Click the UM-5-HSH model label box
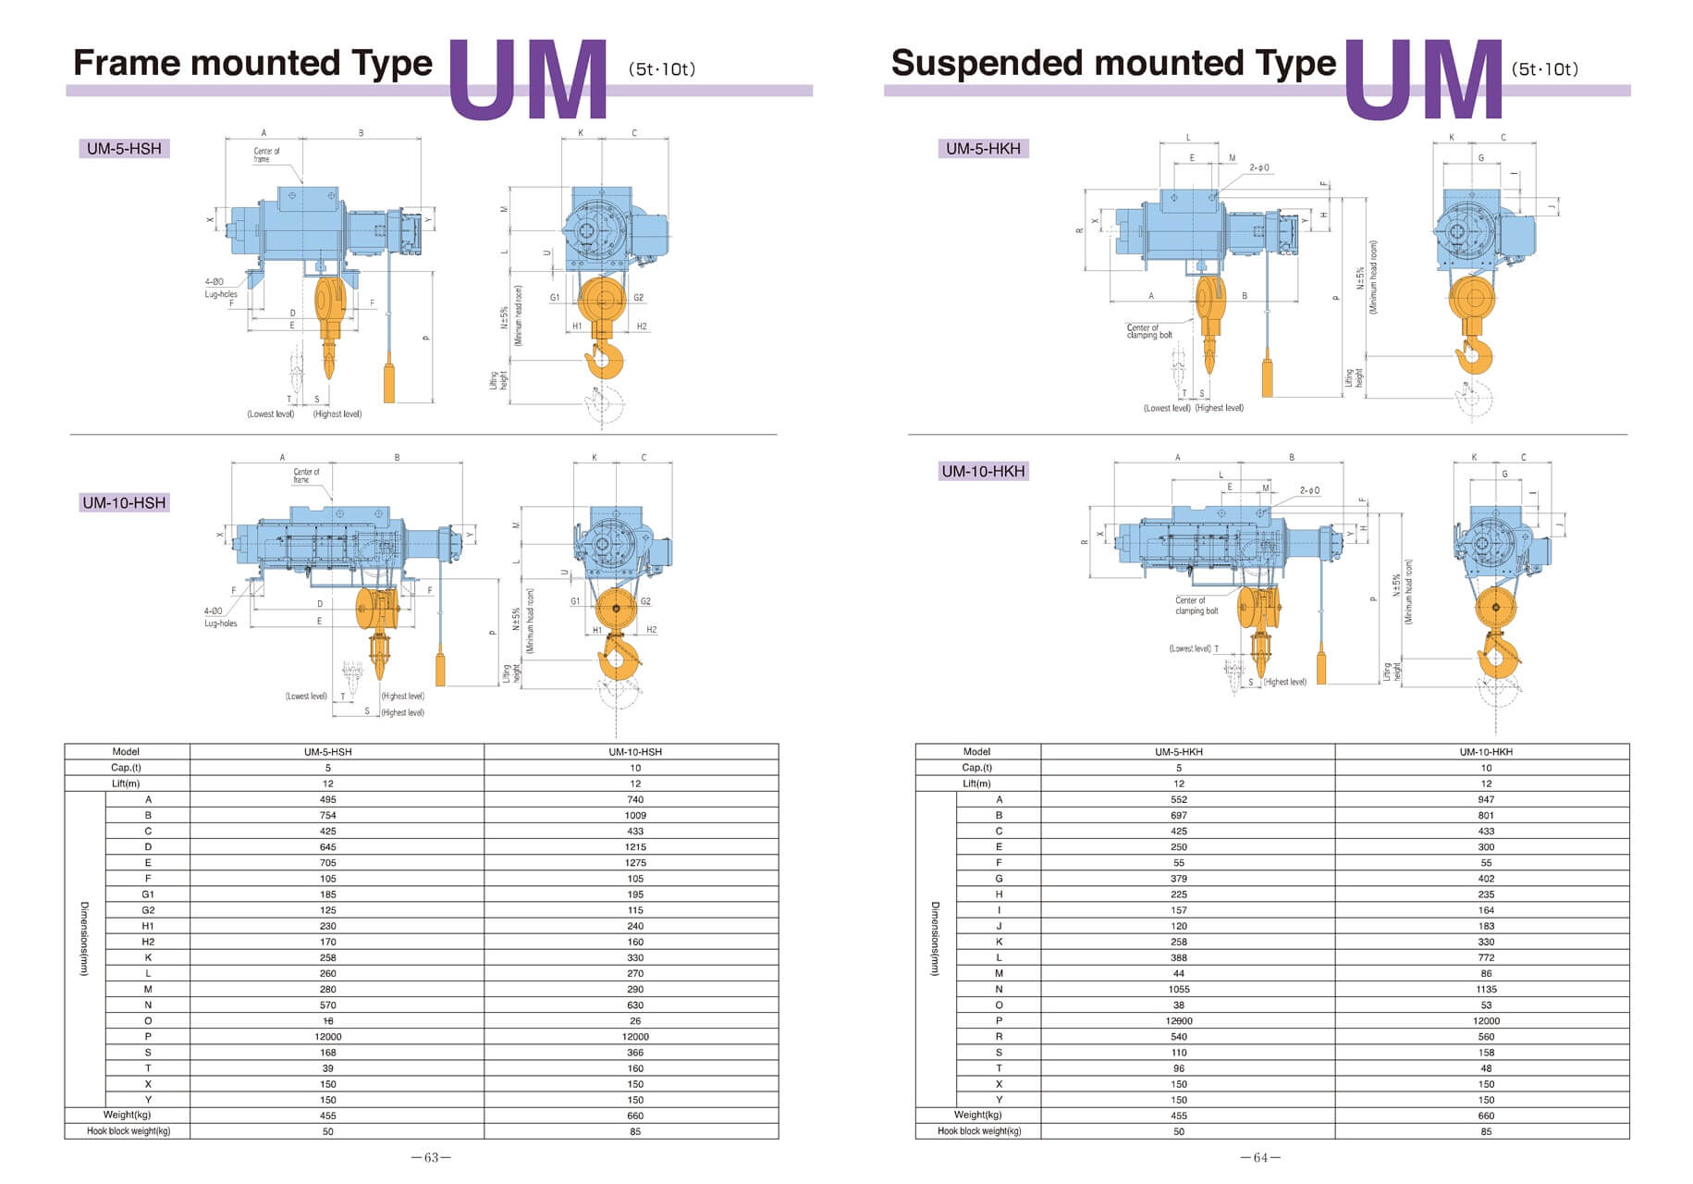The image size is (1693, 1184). [x=124, y=148]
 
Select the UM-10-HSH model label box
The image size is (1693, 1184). [x=124, y=502]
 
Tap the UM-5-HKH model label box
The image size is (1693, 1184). [x=983, y=148]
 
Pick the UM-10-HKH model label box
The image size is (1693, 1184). [x=983, y=471]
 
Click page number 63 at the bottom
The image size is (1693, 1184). [x=431, y=1157]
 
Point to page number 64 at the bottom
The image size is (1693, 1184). [x=1259, y=1157]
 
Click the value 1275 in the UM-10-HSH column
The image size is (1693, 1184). [x=635, y=862]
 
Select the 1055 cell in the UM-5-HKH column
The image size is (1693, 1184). [x=1179, y=989]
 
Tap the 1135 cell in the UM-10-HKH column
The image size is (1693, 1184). [x=1486, y=989]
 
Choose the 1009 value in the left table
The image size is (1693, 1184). [x=635, y=815]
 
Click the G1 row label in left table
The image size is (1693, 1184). [x=148, y=894]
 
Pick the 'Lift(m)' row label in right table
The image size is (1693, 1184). [x=976, y=783]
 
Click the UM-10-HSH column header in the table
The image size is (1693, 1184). [x=635, y=752]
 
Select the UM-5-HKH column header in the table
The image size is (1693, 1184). [x=1179, y=752]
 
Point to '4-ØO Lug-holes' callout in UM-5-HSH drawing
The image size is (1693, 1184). [x=220, y=288]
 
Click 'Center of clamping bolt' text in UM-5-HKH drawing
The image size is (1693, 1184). [x=1148, y=331]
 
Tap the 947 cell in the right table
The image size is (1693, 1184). [x=1486, y=799]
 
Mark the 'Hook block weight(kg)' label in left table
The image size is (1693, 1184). [x=129, y=1131]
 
